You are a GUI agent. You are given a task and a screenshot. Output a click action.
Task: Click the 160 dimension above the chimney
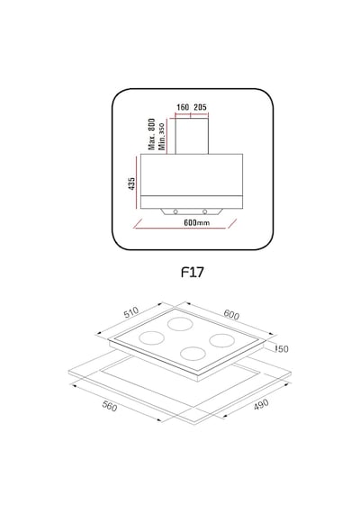pos(183,107)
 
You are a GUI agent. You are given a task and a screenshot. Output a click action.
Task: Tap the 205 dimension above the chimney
pos(200,107)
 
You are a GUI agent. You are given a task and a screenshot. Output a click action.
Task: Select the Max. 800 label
pos(151,134)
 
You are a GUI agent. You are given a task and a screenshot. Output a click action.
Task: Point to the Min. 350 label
pos(161,137)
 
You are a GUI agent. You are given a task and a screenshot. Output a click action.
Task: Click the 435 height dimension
pos(131,184)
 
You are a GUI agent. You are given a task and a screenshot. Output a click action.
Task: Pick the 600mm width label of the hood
pos(197,223)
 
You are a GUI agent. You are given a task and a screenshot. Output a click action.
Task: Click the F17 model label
pos(193,272)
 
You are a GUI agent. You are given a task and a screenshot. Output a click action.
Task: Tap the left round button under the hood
pos(175,211)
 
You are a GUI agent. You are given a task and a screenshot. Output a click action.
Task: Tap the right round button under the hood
pos(205,211)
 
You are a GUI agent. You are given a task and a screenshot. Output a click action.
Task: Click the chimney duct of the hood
pos(192,136)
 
